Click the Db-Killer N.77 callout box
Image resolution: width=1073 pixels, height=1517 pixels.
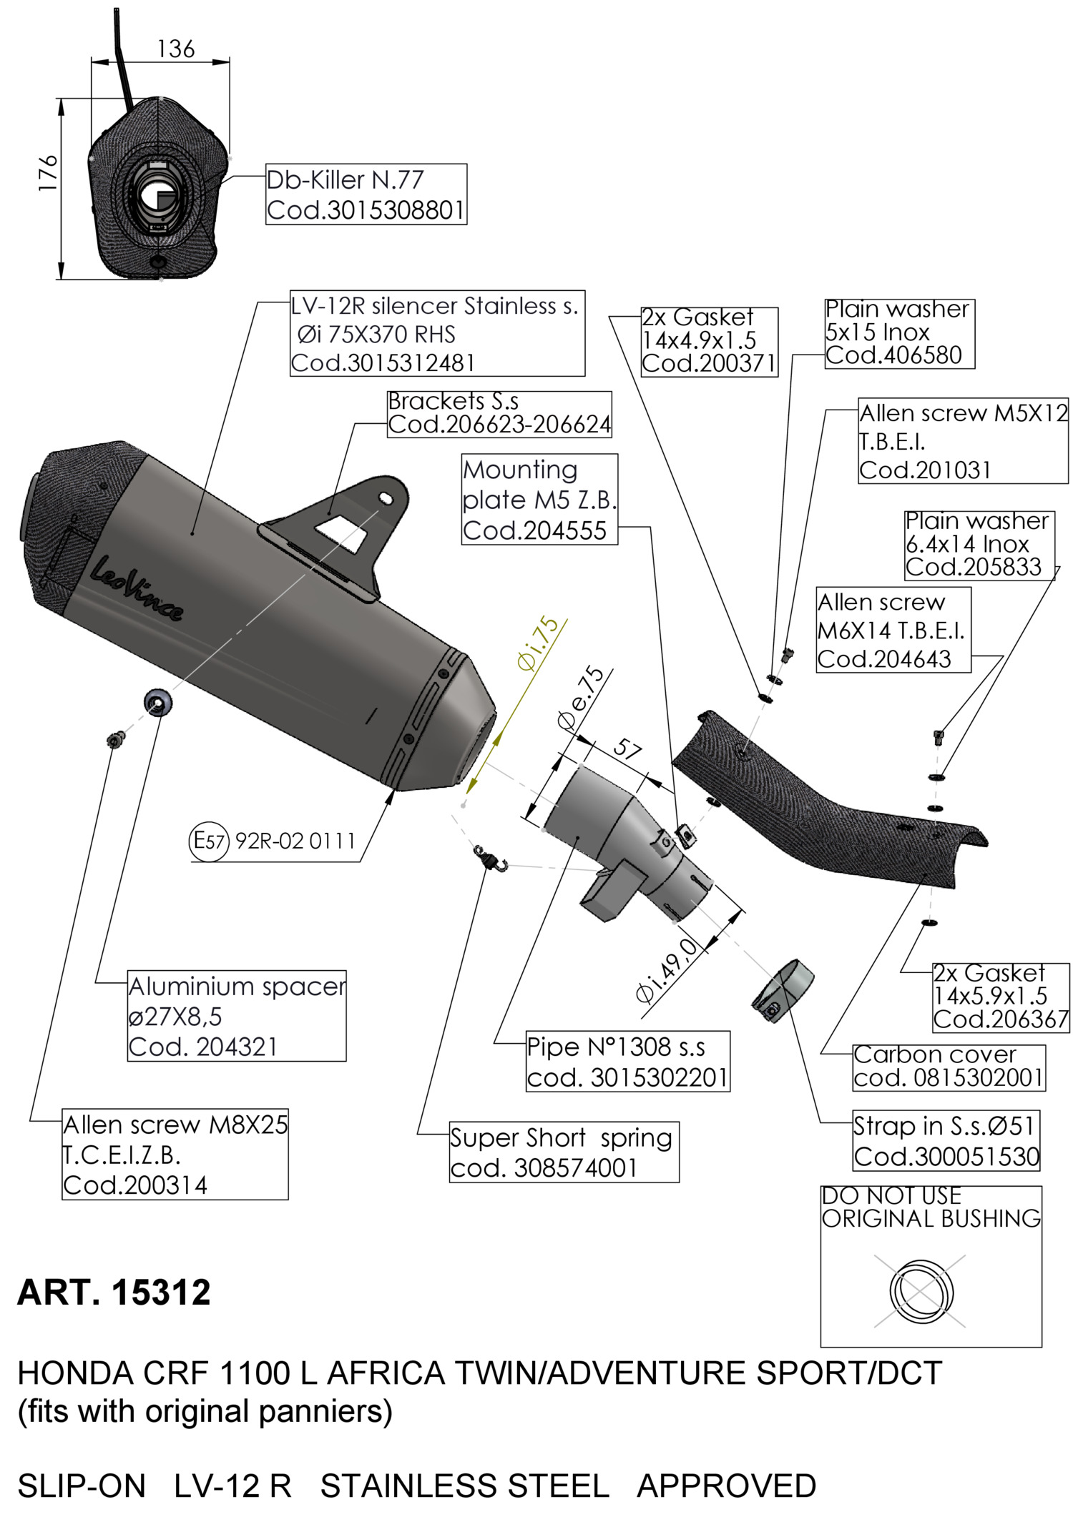366,194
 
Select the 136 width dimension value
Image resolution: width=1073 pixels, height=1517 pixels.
176,49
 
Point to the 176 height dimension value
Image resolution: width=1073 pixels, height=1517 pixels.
48,172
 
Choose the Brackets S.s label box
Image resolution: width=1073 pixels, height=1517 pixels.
499,414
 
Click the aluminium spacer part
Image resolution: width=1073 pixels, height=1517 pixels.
157,703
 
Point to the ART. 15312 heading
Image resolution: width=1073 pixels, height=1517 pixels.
114,1293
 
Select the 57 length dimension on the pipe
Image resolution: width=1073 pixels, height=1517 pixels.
627,748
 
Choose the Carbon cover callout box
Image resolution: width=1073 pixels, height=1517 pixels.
949,1067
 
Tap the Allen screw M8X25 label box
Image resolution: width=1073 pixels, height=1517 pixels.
175,1155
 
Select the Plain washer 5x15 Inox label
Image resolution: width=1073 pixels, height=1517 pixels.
899,333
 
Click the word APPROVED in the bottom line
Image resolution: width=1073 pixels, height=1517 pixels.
726,1486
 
